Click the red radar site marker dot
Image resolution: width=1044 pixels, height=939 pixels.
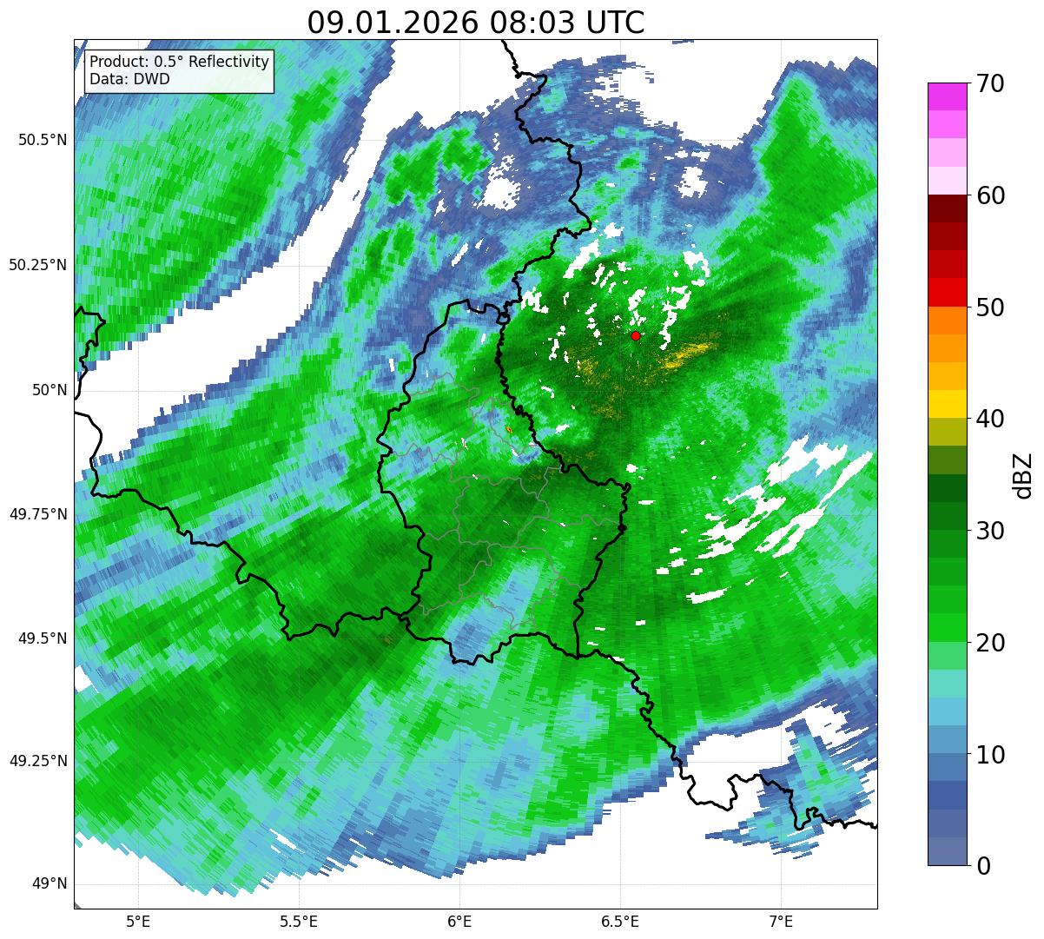(x=636, y=335)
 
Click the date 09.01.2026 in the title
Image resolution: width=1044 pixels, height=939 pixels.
(x=393, y=23)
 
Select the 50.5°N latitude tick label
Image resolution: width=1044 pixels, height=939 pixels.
(x=37, y=140)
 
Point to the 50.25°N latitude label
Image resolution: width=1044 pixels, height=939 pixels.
(x=37, y=265)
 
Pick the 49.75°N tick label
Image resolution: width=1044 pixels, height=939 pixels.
(x=37, y=514)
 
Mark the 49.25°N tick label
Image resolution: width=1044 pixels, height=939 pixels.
(x=37, y=761)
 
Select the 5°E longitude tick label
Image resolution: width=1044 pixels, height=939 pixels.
(x=138, y=920)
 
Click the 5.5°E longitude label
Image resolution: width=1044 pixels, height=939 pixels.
(x=299, y=920)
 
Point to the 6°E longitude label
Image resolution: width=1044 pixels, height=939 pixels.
(x=459, y=920)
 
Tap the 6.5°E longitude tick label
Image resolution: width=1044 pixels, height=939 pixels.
(x=620, y=920)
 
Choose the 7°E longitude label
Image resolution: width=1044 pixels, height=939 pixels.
(x=781, y=920)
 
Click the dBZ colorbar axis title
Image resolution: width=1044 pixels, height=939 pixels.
(x=1023, y=475)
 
